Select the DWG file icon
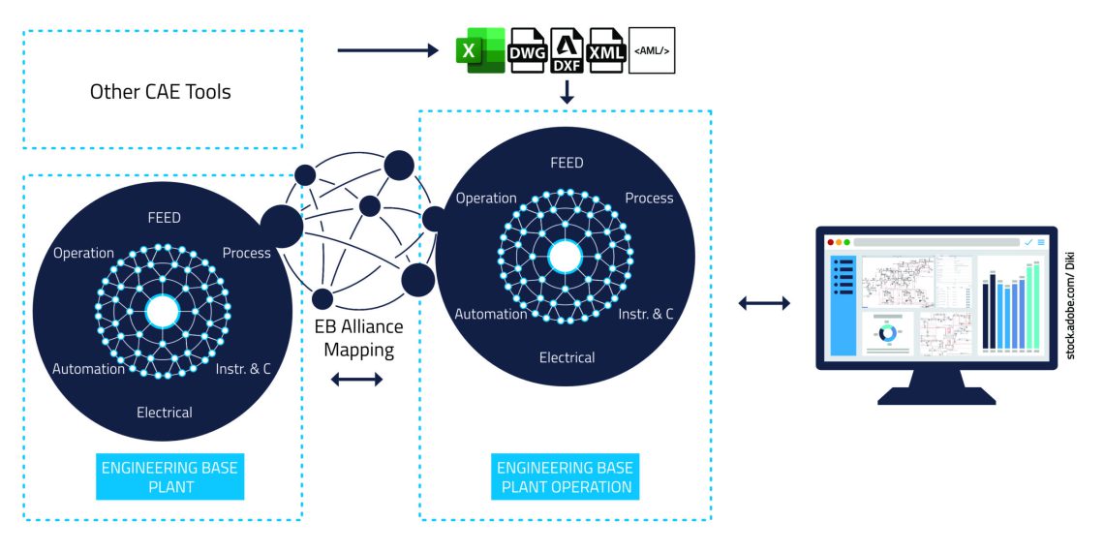point(527,51)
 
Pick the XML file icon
point(606,51)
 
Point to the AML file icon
point(652,51)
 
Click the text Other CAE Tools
point(161,93)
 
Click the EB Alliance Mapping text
point(358,338)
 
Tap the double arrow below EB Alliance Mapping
point(357,380)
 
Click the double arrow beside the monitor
point(764,304)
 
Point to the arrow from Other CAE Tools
point(387,49)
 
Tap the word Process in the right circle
point(649,199)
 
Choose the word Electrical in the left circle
point(165,413)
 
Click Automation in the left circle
point(88,369)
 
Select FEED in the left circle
point(164,218)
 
